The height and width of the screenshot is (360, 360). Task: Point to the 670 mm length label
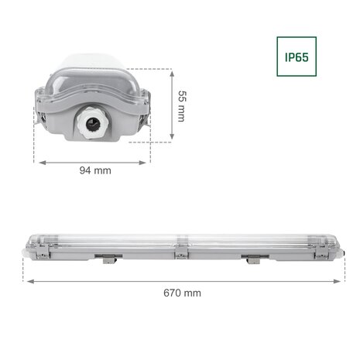click(182, 293)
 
